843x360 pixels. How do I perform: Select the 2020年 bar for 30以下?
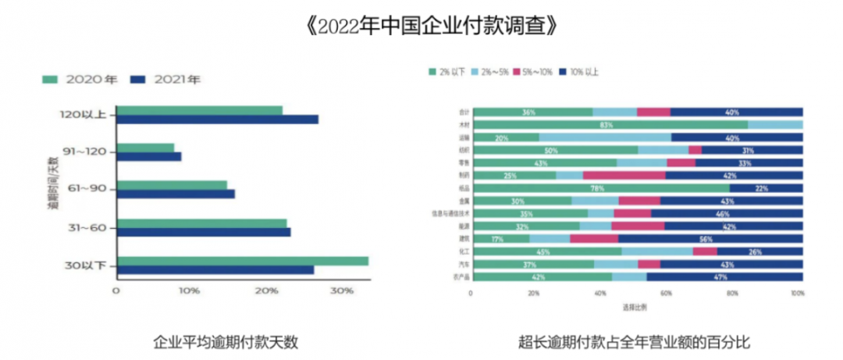(x=242, y=261)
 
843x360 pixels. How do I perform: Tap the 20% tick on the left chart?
(x=266, y=290)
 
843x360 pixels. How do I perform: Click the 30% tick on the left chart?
(x=341, y=290)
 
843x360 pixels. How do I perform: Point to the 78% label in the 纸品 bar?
(x=597, y=188)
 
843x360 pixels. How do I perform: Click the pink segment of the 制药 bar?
(x=624, y=176)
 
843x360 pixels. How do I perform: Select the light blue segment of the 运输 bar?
(x=605, y=137)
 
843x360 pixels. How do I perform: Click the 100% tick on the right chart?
(x=797, y=294)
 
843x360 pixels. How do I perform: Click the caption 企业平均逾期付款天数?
(x=226, y=341)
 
